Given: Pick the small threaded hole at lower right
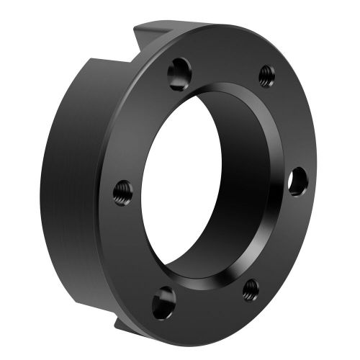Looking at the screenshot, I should click(x=251, y=289).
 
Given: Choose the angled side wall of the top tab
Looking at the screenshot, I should click(x=148, y=40).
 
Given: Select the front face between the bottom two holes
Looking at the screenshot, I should click(x=209, y=310).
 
